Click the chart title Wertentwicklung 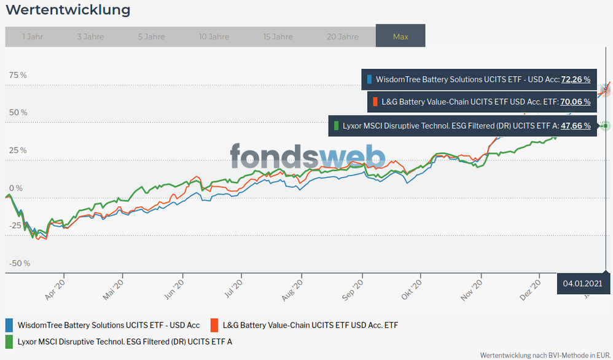pyautogui.click(x=68, y=10)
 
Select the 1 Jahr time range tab pyautogui.click(x=32, y=37)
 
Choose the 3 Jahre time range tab pyautogui.click(x=90, y=37)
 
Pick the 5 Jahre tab pyautogui.click(x=151, y=37)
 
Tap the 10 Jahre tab pyautogui.click(x=214, y=37)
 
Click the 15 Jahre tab pyautogui.click(x=278, y=37)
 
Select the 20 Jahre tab pyautogui.click(x=342, y=37)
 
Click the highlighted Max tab pyautogui.click(x=400, y=37)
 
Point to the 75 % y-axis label pyautogui.click(x=18, y=75)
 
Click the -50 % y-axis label pyautogui.click(x=19, y=264)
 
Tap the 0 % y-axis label pyautogui.click(x=15, y=188)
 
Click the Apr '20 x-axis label pyautogui.click(x=55, y=290)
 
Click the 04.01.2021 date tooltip pyautogui.click(x=581, y=284)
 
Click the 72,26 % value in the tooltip pyautogui.click(x=576, y=79)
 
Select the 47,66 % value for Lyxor pyautogui.click(x=576, y=126)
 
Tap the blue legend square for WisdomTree pyautogui.click(x=9, y=325)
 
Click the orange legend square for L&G pyautogui.click(x=214, y=325)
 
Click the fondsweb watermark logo pyautogui.click(x=307, y=156)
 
